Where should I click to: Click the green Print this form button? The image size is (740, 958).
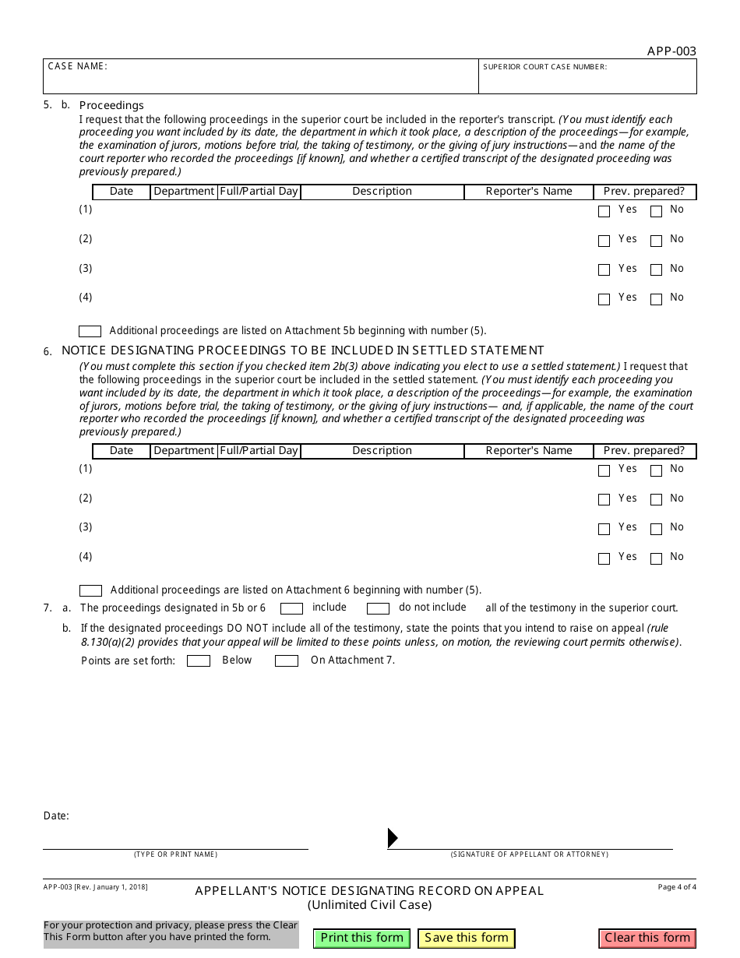pos(361,938)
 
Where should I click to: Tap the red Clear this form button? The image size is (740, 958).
pos(647,938)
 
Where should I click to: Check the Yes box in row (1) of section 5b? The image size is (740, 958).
pos(604,211)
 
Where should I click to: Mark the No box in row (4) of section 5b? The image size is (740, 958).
pos(656,299)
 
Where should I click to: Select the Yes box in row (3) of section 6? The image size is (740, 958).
pos(604,529)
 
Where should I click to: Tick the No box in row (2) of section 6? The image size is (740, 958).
pos(656,500)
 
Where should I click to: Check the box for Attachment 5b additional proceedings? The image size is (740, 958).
pos(90,331)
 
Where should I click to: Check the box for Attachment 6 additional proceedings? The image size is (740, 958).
pos(90,590)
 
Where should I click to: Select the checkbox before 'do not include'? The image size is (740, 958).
pos(378,608)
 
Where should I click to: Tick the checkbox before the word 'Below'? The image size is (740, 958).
pos(199,661)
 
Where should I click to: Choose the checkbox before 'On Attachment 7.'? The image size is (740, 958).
pos(287,661)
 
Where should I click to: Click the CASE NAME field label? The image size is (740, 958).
pos(77,66)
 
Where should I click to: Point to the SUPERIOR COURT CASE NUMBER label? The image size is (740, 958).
pos(544,67)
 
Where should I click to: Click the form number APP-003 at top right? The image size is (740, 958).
pos(671,51)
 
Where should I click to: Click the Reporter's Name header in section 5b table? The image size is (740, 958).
pos(529,192)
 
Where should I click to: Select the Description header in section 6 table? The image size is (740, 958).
pos(382,451)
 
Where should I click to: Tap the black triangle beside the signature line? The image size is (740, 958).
pos(393,838)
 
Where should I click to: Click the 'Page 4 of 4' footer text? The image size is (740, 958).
pos(677,887)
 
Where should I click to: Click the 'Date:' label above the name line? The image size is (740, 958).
pos(56,816)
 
